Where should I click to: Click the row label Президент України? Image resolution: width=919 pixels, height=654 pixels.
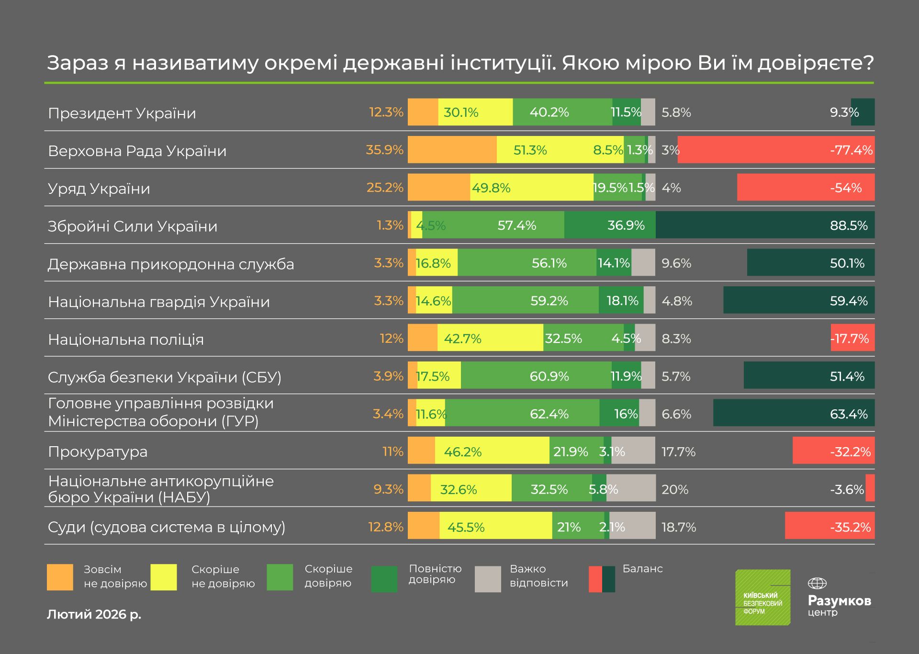click(122, 113)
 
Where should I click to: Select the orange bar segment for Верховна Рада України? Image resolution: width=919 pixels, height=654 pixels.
click(452, 150)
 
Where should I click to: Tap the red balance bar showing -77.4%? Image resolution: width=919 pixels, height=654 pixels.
click(775, 150)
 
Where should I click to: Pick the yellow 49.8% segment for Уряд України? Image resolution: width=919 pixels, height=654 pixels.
click(531, 188)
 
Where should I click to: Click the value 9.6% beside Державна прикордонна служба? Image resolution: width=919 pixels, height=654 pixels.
click(676, 263)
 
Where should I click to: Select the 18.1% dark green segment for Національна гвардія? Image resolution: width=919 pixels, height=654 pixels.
click(621, 301)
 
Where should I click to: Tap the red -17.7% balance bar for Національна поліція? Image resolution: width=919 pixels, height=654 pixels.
click(852, 338)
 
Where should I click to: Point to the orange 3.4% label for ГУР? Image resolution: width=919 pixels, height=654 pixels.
click(388, 414)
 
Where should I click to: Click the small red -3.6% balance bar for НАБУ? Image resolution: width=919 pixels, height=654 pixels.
click(870, 488)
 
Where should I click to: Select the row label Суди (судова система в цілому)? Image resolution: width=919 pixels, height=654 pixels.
click(167, 527)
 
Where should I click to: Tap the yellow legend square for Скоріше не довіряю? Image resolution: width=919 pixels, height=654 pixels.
click(163, 577)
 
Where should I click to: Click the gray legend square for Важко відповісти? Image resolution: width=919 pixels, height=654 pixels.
click(488, 579)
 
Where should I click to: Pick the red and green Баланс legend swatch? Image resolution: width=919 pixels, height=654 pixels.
click(602, 579)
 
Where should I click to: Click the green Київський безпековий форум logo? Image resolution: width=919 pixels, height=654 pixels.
click(762, 598)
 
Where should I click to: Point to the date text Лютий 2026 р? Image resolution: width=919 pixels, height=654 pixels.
click(94, 615)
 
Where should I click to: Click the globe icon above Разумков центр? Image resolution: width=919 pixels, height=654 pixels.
click(817, 583)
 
